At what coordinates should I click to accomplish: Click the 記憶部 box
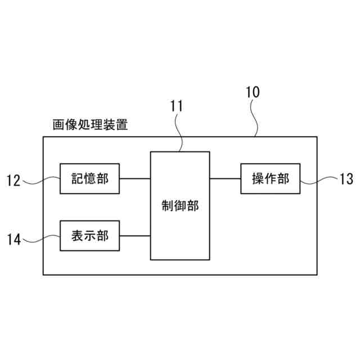(x=90, y=179)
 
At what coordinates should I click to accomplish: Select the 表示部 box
(x=90, y=235)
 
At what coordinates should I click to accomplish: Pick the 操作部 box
(x=270, y=179)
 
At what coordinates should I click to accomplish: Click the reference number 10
(x=253, y=93)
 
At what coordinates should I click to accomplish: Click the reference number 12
(x=13, y=181)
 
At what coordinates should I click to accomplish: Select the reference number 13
(x=346, y=180)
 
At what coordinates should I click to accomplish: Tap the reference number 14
(x=13, y=240)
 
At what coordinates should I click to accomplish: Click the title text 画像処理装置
(x=89, y=124)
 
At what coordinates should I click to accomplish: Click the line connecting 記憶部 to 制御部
(x=135, y=179)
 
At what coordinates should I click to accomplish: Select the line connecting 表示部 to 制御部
(x=135, y=235)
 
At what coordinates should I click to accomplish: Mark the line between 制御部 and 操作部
(x=225, y=179)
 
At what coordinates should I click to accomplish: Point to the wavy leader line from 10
(x=255, y=118)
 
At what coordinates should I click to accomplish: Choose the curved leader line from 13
(x=318, y=180)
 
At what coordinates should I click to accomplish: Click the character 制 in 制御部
(x=167, y=206)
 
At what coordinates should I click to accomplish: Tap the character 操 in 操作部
(x=258, y=179)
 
